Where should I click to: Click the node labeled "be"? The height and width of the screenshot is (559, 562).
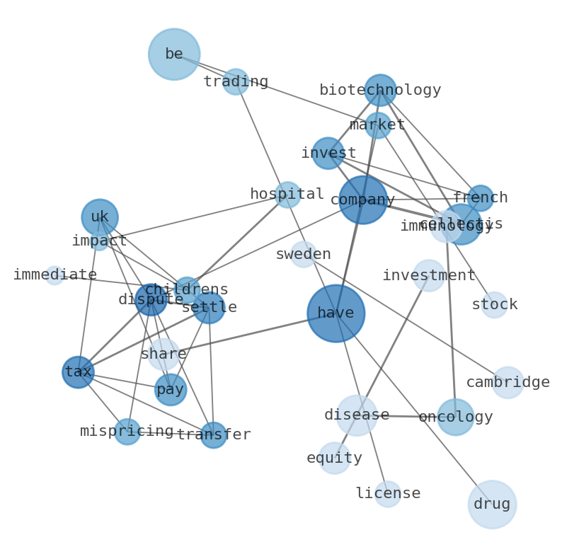point(174,54)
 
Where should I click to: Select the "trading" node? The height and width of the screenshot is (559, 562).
point(236,82)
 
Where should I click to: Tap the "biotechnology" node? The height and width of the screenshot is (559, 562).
point(380,90)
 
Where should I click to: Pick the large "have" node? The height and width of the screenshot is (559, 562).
point(336,313)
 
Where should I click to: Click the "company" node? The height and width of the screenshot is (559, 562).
point(362,200)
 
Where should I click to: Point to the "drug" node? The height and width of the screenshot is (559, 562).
point(492,505)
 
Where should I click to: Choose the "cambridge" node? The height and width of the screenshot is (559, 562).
point(507,382)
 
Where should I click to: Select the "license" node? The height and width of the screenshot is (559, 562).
point(388,494)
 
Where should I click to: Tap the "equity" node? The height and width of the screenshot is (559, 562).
point(334,458)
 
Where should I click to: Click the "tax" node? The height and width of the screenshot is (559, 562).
point(78,372)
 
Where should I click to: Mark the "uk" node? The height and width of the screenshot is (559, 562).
point(100,217)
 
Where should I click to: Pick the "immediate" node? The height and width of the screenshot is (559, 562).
point(55,275)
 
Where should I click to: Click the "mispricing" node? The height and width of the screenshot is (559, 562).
point(127,431)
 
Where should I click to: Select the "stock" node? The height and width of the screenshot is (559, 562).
point(494,305)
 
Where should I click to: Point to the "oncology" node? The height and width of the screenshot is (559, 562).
point(455,417)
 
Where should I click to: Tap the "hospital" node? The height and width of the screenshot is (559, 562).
point(287,195)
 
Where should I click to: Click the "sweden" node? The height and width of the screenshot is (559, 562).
point(304,255)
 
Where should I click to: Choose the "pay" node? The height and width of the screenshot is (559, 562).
point(171,389)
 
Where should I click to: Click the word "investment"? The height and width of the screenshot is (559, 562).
point(428,276)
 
